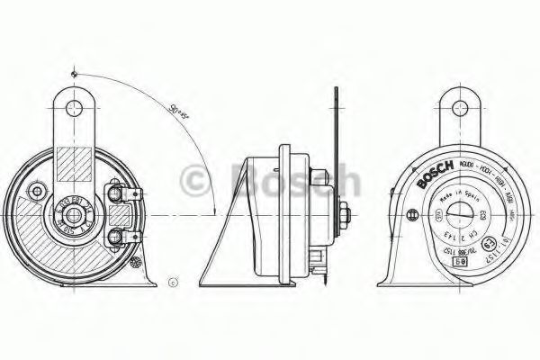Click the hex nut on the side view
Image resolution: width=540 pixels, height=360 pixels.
[x=345, y=215]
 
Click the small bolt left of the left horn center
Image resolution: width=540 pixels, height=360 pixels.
[x=38, y=192]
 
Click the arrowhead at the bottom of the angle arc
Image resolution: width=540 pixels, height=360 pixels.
[x=215, y=211]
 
